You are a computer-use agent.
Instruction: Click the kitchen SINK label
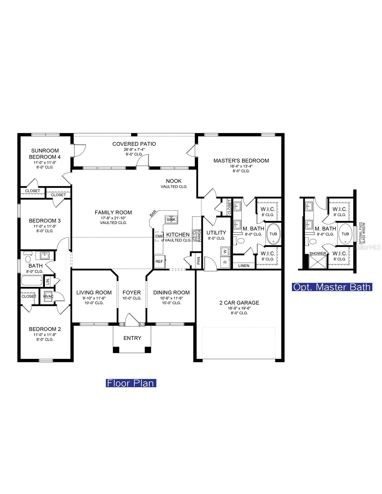point(171,220)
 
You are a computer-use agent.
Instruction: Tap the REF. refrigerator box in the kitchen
point(160,261)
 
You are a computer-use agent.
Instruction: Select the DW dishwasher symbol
point(159,236)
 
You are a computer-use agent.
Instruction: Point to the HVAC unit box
point(48,296)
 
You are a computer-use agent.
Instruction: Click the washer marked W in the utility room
point(225,251)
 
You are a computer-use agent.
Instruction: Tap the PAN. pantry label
point(199,260)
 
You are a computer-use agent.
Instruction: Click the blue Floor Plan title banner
point(131,383)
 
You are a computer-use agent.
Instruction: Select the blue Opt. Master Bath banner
point(332,287)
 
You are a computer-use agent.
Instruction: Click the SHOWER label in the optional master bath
point(317,253)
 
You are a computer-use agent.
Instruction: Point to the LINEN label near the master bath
point(244,265)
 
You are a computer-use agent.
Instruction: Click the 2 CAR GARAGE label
point(239,302)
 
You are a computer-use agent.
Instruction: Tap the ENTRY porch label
point(132,338)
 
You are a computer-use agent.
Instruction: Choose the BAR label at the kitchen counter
point(153,213)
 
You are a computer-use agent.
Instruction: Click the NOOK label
point(174,181)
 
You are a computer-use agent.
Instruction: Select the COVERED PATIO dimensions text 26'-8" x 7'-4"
point(134,149)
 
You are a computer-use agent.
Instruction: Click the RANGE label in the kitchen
point(199,235)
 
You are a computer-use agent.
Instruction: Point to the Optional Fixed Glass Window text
point(362,233)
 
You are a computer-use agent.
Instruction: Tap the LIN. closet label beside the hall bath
point(48,281)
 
